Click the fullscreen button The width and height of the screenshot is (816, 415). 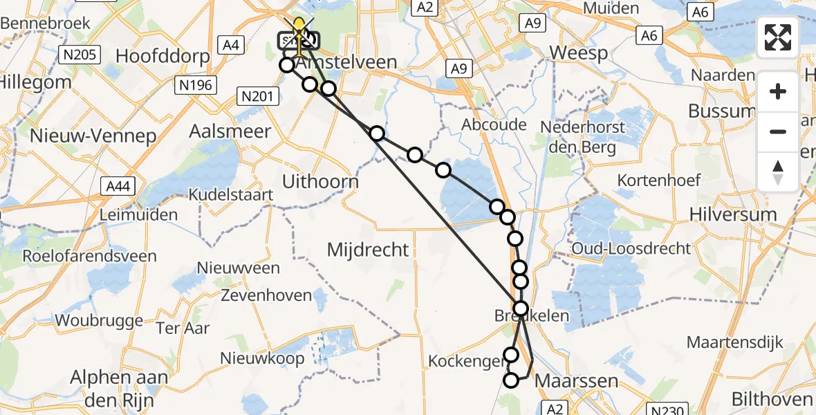(778, 37)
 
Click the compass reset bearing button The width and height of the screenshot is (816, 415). (778, 172)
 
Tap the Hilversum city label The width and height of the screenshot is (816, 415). (733, 215)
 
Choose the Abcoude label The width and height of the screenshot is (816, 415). (494, 125)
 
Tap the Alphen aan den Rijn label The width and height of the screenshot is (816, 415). (120, 388)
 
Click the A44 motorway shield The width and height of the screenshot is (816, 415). (117, 185)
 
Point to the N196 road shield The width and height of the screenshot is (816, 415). (197, 85)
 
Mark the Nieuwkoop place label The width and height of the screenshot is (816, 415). (262, 358)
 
